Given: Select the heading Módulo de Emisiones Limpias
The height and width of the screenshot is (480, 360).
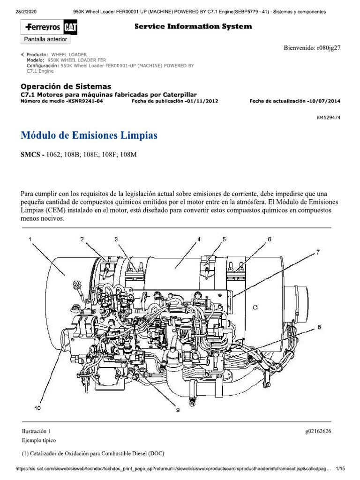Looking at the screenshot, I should [x=89, y=135].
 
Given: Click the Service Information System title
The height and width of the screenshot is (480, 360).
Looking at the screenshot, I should [x=193, y=27].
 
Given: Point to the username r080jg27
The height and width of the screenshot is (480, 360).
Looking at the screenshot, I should [x=329, y=48].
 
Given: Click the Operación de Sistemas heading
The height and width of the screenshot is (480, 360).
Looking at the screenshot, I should [x=66, y=86].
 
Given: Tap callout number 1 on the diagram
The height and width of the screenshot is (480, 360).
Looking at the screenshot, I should [x=30, y=239].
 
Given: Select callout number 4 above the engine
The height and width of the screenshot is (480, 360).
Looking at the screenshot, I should [x=199, y=239].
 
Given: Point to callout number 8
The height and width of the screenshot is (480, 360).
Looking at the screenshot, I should [x=319, y=328].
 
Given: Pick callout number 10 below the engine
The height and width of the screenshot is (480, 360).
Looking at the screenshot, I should [x=37, y=408].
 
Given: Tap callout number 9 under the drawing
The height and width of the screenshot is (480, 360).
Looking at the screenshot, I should [x=178, y=410].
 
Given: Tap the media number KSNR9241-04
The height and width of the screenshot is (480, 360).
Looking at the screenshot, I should [x=88, y=101].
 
